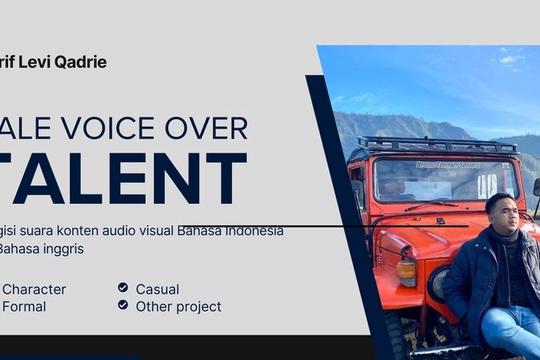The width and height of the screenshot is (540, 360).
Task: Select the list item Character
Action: point(34,289)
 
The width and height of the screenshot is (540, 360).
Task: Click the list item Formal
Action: point(24,306)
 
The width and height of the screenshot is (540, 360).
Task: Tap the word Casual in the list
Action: point(157,289)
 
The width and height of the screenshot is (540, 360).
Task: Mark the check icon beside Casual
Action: point(123,288)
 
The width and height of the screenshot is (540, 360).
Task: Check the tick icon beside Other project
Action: point(123,305)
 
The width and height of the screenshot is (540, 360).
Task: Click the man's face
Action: point(500,214)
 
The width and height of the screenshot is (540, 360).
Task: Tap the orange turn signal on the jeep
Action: point(407,271)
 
